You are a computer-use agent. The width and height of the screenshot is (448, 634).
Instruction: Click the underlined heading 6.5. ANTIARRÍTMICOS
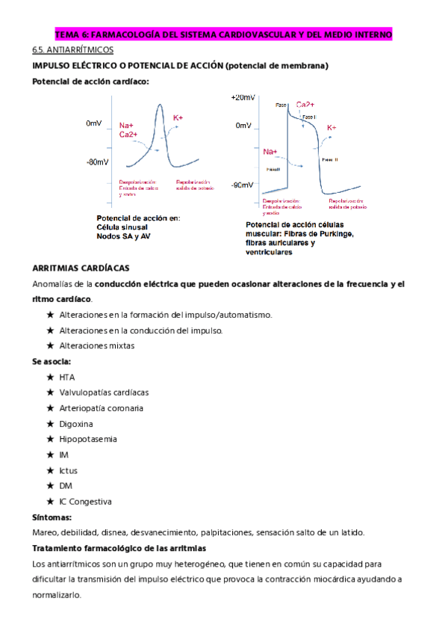(x=72, y=50)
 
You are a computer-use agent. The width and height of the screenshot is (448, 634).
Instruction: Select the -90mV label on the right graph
(x=242, y=185)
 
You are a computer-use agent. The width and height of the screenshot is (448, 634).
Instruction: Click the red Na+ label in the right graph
(x=270, y=151)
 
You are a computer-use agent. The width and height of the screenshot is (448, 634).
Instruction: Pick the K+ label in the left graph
(x=178, y=118)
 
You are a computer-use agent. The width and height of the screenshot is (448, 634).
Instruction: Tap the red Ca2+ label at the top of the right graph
(x=305, y=105)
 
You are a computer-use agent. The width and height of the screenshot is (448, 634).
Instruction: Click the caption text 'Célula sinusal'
(x=122, y=227)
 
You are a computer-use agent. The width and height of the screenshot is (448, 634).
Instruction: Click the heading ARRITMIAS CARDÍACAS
(x=81, y=268)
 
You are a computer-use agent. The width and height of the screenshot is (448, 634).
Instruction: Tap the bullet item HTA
(x=67, y=377)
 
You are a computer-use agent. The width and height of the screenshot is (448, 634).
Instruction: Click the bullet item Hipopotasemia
(x=87, y=440)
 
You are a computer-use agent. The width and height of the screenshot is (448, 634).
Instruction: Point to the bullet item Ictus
(x=68, y=470)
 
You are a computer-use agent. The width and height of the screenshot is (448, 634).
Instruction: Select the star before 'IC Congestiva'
(x=50, y=502)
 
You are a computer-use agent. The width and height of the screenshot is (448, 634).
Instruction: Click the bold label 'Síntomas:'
(x=52, y=517)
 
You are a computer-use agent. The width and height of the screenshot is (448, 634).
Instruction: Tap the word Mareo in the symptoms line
(x=46, y=532)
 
